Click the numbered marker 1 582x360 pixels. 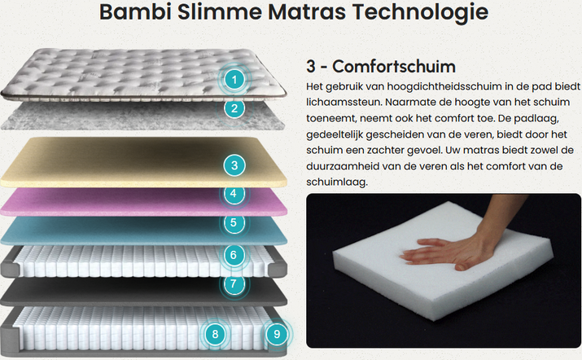tap(234, 80)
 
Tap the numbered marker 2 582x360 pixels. tap(234, 108)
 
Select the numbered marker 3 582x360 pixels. tap(234, 165)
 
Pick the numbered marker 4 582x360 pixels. tap(234, 194)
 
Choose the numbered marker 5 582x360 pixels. tap(234, 222)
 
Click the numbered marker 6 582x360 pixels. tap(234, 255)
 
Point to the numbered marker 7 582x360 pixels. tap(234, 283)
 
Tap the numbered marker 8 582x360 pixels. tap(215, 335)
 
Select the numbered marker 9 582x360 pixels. tap(277, 335)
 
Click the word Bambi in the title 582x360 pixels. tap(135, 12)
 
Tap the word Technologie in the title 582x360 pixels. tap(420, 13)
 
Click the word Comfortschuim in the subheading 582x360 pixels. tap(394, 67)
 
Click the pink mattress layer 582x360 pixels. tap(143, 203)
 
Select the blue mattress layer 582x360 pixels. tap(143, 231)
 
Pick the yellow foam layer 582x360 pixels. tap(143, 162)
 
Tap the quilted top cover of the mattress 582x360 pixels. tap(143, 74)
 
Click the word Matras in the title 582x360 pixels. tap(307, 12)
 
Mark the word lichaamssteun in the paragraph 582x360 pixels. tap(344, 102)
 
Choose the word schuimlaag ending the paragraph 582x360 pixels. tap(337, 182)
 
